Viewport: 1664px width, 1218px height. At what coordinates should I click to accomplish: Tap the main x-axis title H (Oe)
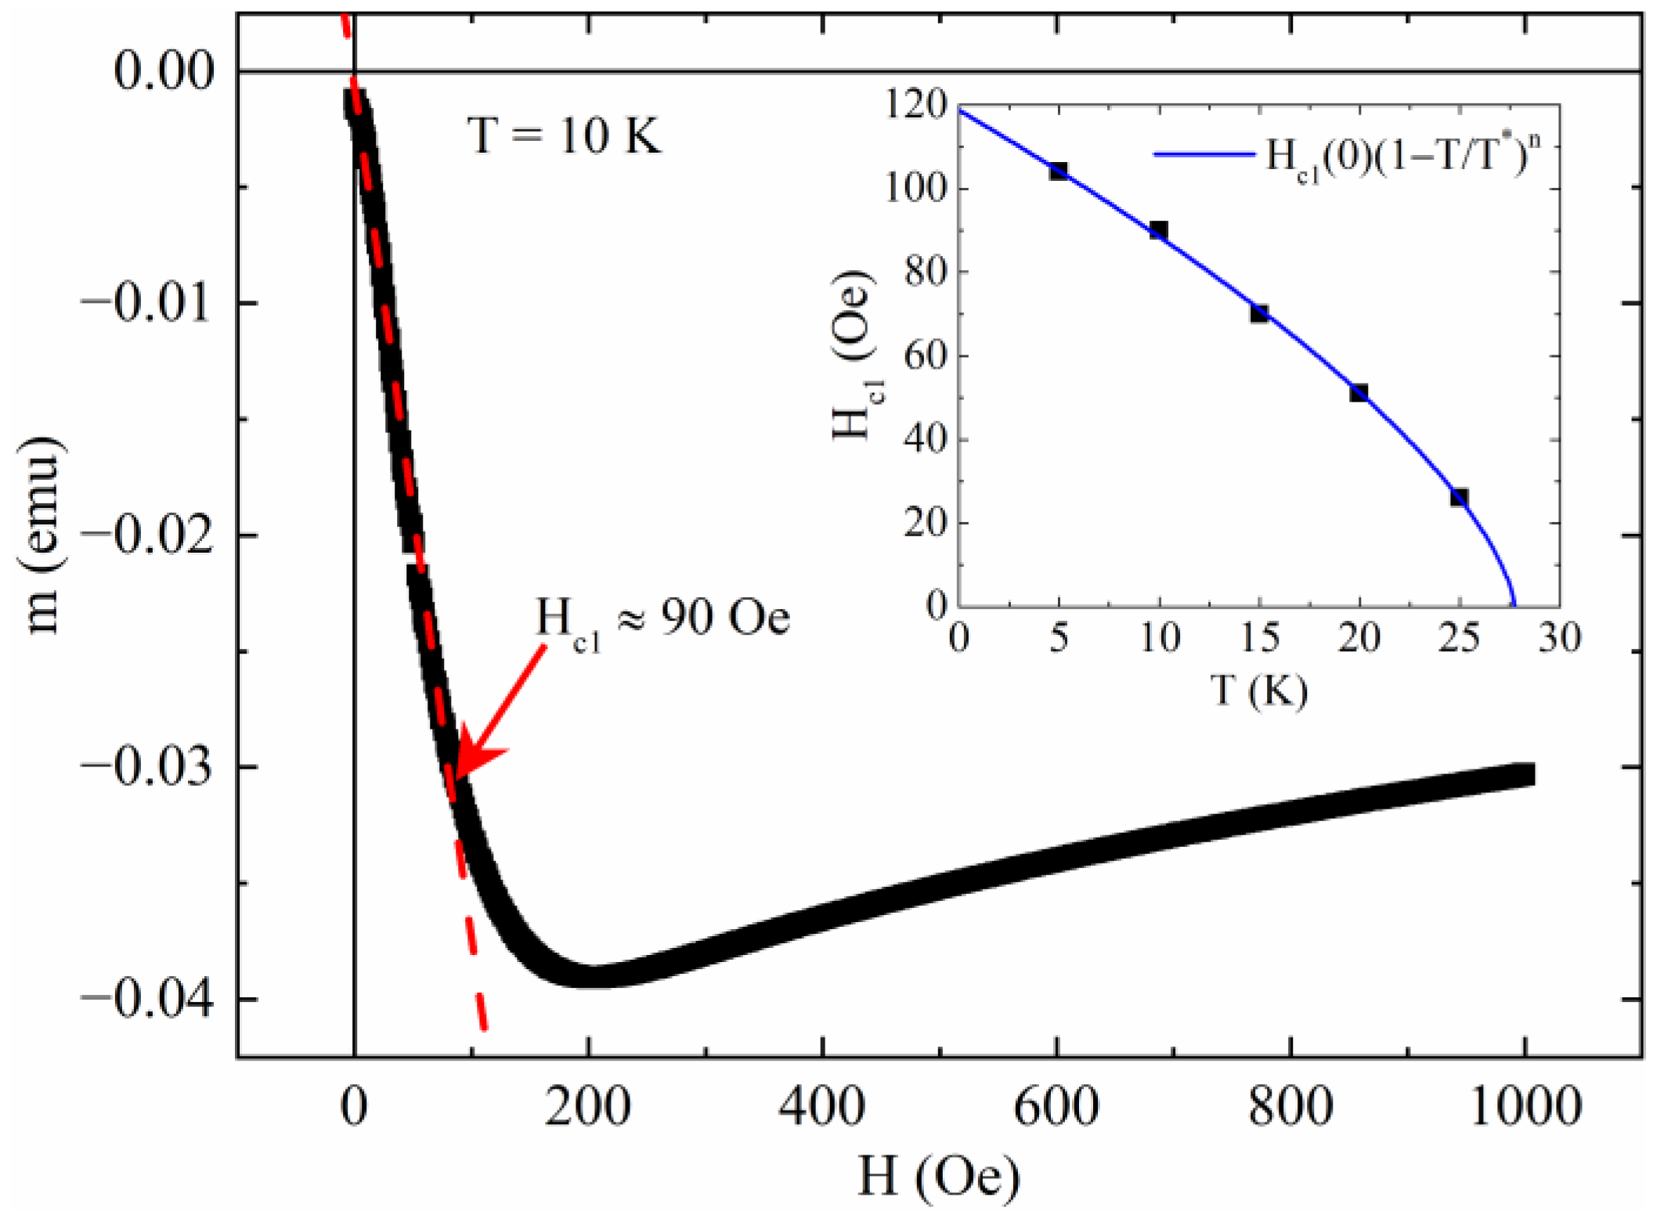[x=938, y=1177]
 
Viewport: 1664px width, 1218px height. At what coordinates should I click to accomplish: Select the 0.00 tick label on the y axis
[x=164, y=72]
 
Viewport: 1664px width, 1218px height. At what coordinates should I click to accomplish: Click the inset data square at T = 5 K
[x=1059, y=171]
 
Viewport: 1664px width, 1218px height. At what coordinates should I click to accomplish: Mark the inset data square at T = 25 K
[x=1459, y=498]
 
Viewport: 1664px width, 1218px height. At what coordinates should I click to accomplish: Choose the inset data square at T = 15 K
[x=1259, y=313]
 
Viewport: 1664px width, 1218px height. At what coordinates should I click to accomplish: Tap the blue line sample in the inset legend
[x=1204, y=154]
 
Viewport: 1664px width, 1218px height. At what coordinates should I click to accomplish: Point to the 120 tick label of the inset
[x=916, y=105]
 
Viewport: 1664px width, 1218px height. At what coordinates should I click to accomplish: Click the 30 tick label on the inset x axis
[x=1559, y=639]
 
